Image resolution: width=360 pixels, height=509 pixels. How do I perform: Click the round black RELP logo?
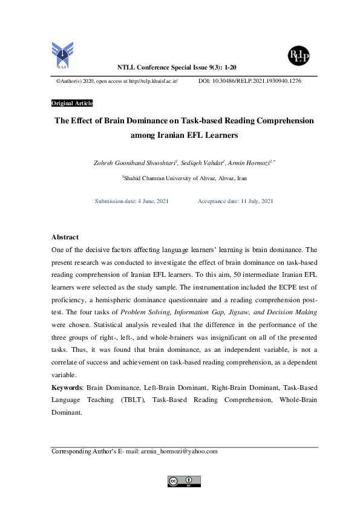pos(298,56)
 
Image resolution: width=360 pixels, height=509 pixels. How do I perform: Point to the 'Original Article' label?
pos(72,103)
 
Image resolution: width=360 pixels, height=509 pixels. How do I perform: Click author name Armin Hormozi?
pos(249,163)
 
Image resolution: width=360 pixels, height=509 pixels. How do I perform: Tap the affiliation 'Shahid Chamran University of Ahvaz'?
pos(167,178)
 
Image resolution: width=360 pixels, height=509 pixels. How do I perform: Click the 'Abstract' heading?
pos(65,237)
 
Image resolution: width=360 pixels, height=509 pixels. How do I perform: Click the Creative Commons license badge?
pos(183,481)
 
